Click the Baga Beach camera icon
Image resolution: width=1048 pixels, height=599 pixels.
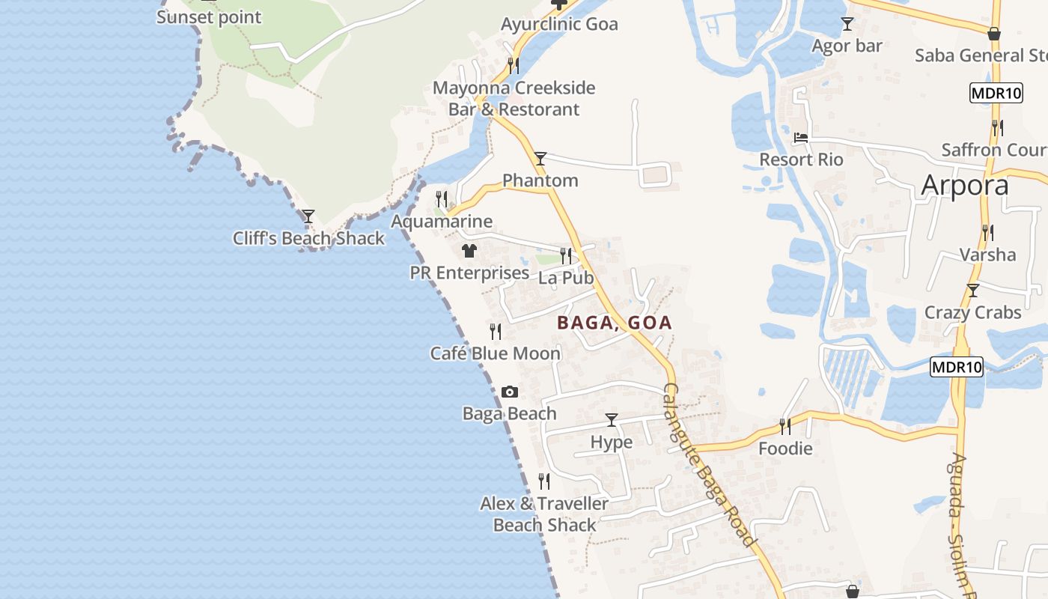[510, 392]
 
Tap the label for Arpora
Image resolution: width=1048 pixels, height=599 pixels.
[965, 185]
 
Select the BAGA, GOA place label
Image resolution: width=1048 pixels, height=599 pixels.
[615, 323]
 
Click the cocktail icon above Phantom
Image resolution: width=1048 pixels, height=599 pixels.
[540, 159]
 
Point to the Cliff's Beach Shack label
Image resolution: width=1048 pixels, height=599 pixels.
[308, 239]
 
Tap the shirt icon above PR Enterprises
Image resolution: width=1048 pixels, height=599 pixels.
[469, 251]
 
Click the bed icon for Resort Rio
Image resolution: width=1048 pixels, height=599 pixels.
[801, 138]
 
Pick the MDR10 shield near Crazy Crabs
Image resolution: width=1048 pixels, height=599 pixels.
[957, 368]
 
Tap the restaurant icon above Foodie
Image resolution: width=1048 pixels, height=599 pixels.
[785, 427]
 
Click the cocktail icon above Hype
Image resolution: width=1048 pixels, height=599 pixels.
[612, 420]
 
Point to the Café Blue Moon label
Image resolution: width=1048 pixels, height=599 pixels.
[495, 353]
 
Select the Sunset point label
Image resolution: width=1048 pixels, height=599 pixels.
[209, 17]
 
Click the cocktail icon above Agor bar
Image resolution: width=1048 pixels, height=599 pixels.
[847, 24]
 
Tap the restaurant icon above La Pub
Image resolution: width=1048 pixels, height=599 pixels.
[566, 255]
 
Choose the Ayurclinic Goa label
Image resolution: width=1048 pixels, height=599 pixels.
[559, 24]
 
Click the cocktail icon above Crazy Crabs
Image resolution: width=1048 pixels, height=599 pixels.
[972, 291]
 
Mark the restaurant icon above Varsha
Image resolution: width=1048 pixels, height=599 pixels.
[988, 233]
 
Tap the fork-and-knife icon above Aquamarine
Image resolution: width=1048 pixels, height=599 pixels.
[442, 199]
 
